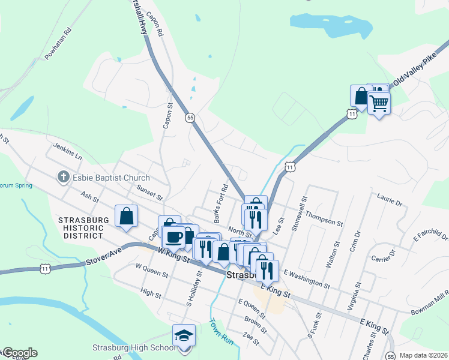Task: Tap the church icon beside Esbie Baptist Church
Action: coord(63,177)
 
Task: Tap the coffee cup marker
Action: coord(174,236)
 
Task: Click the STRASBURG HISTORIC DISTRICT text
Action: coord(83,228)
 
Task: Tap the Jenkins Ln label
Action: coord(67,151)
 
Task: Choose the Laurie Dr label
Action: coord(390,200)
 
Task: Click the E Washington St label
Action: coord(306,278)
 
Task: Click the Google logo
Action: coord(19,353)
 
